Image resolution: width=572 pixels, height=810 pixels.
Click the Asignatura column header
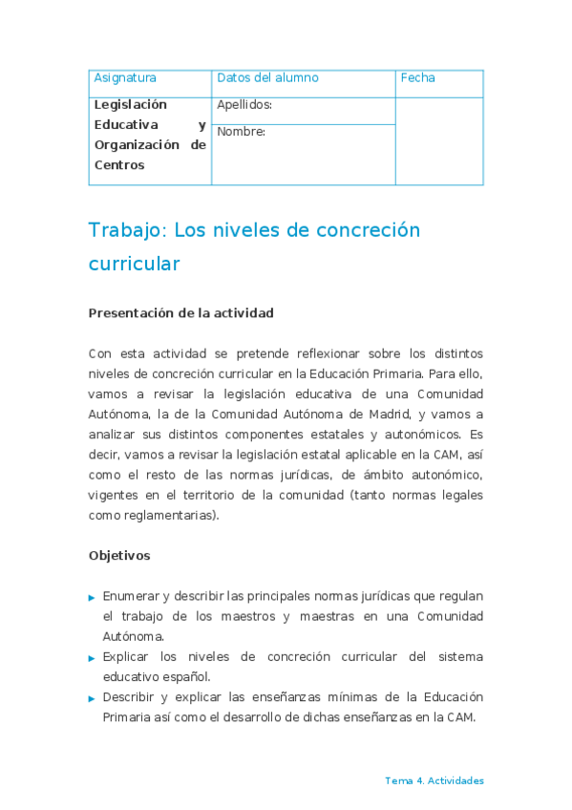click(125, 78)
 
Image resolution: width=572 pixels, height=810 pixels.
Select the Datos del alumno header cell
click(267, 78)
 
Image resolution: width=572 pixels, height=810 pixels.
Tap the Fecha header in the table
click(417, 78)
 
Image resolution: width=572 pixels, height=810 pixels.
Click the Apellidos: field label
click(244, 105)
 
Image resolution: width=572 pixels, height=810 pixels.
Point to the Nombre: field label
click(241, 132)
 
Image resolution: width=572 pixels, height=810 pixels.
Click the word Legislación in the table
click(130, 105)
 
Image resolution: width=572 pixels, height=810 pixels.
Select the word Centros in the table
click(119, 165)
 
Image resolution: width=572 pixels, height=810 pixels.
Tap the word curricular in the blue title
click(134, 264)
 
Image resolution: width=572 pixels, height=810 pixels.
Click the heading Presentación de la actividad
click(180, 313)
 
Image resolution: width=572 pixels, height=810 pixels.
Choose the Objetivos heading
click(119, 555)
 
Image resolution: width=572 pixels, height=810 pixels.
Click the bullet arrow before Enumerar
click(92, 597)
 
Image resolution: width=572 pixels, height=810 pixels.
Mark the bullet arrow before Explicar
click(92, 658)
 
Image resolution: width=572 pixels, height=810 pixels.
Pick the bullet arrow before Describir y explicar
click(92, 698)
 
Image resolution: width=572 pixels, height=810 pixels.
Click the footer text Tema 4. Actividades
click(434, 780)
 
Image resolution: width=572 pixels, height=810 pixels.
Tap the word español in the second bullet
click(182, 676)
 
